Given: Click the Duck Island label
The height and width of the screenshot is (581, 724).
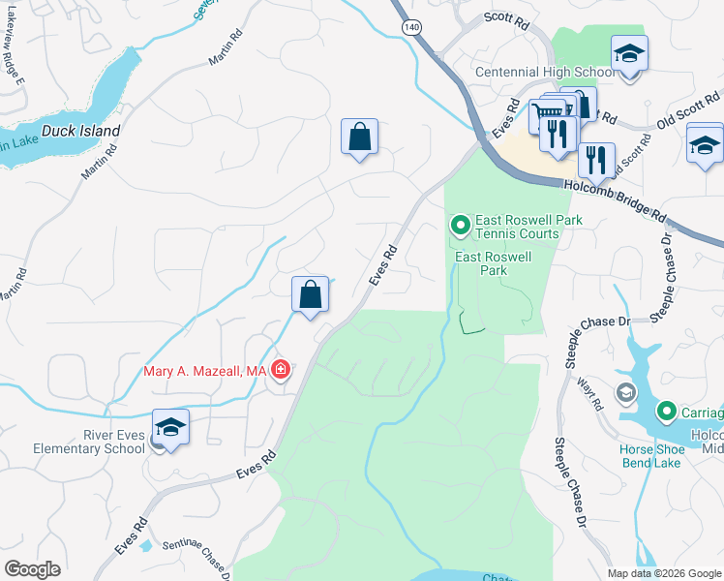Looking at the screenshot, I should [x=80, y=131].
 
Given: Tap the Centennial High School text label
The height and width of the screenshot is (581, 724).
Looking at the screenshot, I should [x=543, y=73].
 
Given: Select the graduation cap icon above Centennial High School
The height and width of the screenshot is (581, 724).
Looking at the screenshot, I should [x=629, y=52].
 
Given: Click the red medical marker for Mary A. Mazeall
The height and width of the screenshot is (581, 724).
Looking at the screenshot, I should [x=281, y=370].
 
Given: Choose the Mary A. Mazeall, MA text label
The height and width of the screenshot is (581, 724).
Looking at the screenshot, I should [x=204, y=371].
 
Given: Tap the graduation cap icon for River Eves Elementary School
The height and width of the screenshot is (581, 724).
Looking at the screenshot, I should [x=171, y=427].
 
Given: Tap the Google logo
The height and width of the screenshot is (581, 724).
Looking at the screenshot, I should [x=32, y=569].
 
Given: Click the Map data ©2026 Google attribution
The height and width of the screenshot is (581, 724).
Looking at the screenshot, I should [x=663, y=573].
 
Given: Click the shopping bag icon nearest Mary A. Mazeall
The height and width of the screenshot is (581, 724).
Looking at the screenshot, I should [x=310, y=292].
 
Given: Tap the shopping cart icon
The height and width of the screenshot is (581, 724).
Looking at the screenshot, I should [x=543, y=115].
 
